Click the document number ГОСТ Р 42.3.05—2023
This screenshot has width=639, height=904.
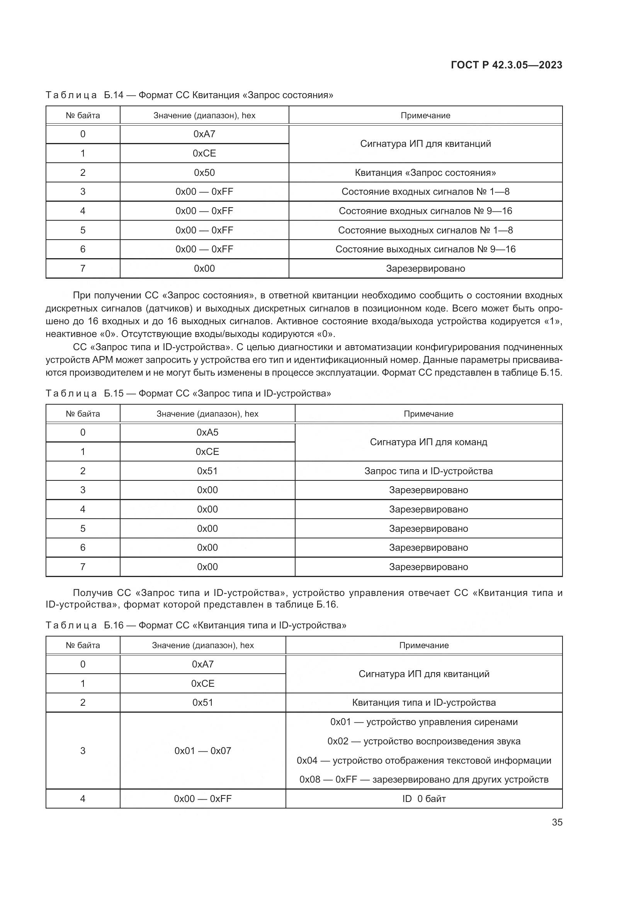point(506,65)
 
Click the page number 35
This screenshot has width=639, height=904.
point(557,822)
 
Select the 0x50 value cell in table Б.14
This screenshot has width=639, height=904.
point(204,172)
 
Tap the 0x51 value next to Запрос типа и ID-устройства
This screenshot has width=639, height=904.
point(207,471)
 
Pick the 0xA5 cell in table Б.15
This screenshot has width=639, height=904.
point(207,432)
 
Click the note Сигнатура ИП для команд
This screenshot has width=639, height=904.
point(428,442)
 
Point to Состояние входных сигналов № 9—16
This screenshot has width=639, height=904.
point(425,211)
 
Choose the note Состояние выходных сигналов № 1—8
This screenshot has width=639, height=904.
point(425,230)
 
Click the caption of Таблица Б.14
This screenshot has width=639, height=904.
point(189,95)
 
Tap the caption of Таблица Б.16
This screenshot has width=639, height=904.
point(196,625)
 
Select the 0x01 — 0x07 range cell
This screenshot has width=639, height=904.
point(203,751)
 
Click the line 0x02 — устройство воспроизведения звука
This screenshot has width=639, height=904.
point(424,741)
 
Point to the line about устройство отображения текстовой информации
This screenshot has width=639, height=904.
point(424,761)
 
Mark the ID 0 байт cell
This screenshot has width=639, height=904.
point(424,799)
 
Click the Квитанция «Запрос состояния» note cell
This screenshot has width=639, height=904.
point(425,173)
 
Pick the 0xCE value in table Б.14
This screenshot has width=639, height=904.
point(204,153)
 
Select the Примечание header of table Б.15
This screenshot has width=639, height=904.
point(428,414)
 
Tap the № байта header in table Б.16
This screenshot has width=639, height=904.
point(83,645)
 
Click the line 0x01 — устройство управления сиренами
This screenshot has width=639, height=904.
point(424,722)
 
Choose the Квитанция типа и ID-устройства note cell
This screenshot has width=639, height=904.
point(424,703)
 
